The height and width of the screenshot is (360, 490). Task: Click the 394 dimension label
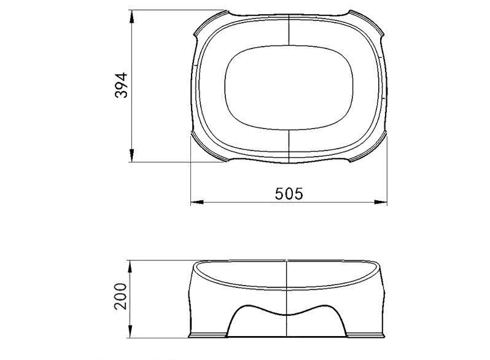121,85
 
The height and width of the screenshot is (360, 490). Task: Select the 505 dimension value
289,194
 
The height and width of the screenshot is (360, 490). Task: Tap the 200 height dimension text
120,296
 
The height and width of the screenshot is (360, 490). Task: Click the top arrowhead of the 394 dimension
132,16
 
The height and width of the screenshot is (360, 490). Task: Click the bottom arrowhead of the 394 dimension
132,155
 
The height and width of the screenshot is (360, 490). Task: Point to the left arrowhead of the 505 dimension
197,202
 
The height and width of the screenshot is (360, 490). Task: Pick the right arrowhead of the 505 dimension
381,202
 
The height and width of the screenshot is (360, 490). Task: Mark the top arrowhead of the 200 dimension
130,267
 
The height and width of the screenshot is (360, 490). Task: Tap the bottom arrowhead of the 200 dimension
130,332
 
